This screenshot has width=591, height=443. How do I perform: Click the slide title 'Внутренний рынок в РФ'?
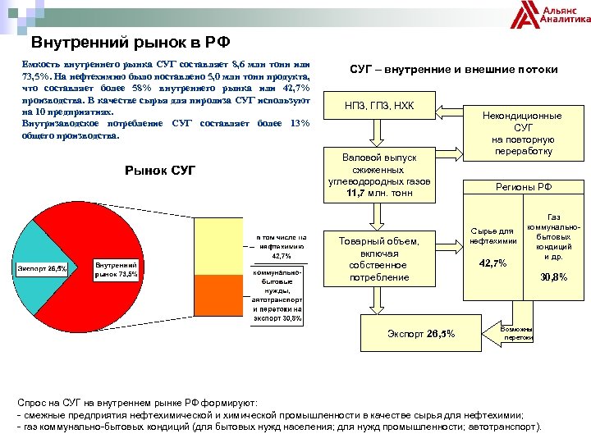coord(130,43)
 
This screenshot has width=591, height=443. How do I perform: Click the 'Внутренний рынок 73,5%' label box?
coord(116,270)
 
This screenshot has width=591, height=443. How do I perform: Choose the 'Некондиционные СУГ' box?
coord(523,133)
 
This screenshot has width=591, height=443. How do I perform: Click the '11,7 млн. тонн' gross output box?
coord(379,175)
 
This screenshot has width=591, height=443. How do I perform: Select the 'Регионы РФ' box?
coord(523,187)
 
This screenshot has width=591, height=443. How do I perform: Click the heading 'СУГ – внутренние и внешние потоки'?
coord(454,70)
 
